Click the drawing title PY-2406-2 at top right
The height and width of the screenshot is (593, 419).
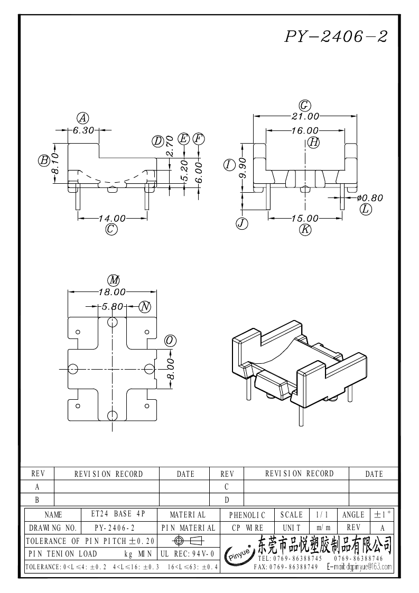(337, 36)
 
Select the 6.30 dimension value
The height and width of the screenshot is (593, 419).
(83, 130)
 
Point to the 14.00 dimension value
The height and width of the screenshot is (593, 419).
(113, 218)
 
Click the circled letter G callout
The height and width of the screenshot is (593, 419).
(305, 105)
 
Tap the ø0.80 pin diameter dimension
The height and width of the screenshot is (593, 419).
(369, 198)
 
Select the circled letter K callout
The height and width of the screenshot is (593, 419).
(305, 230)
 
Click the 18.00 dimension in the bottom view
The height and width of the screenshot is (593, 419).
(112, 291)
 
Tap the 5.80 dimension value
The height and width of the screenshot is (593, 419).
(112, 306)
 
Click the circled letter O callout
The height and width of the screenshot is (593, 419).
(170, 340)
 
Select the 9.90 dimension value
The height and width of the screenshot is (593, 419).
(244, 168)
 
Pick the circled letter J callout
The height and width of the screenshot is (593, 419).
(242, 223)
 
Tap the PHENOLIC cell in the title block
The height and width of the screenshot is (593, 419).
(250, 514)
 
